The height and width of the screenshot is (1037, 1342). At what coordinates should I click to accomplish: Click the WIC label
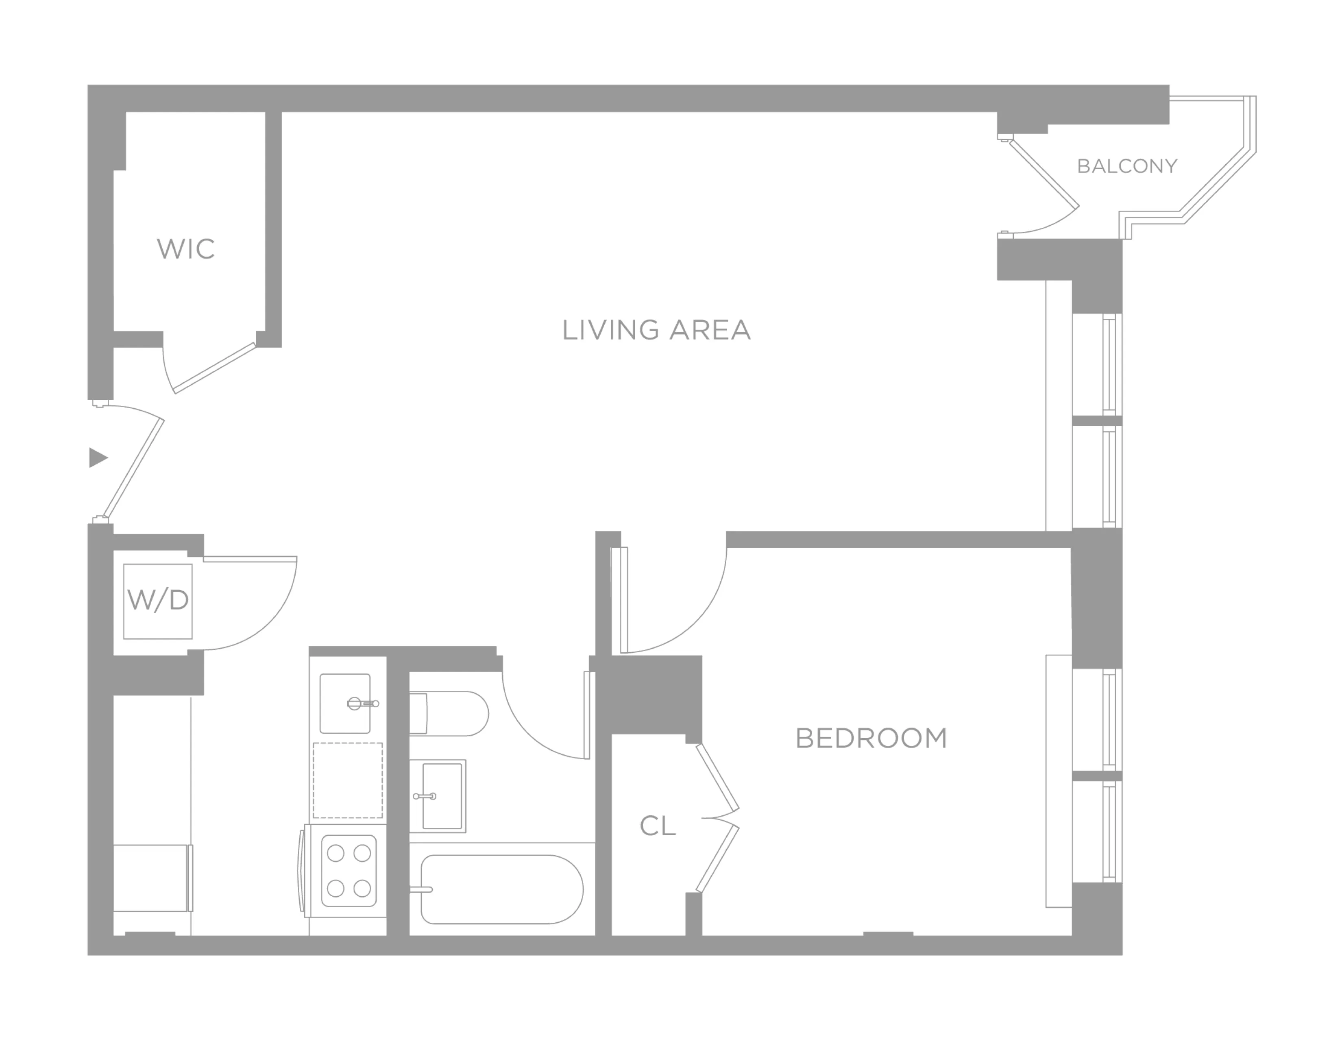click(185, 249)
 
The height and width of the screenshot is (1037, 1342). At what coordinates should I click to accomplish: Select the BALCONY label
click(1127, 166)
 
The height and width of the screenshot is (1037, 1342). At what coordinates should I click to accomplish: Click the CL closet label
click(658, 826)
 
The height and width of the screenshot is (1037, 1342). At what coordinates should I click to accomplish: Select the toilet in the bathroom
click(449, 713)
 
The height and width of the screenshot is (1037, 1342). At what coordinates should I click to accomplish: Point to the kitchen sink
click(345, 704)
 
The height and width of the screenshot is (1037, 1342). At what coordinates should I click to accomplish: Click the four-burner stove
click(349, 871)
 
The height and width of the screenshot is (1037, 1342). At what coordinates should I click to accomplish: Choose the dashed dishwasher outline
click(348, 780)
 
